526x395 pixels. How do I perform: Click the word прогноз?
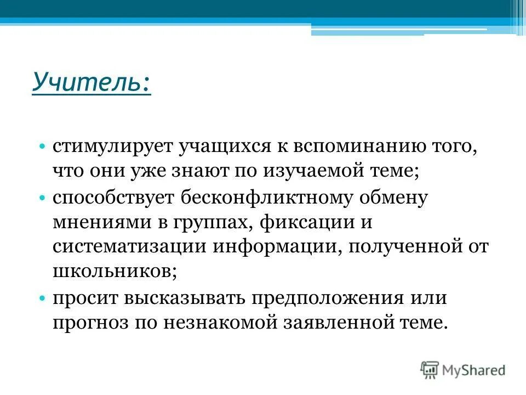pos(87,323)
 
